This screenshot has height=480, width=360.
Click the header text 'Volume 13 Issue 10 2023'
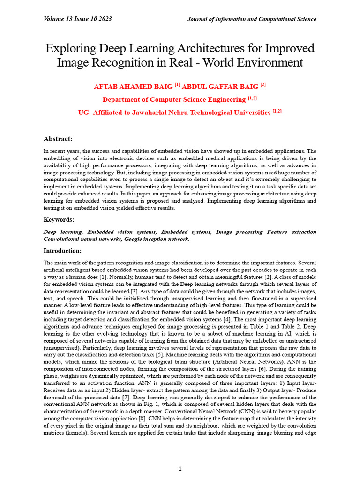[77, 19]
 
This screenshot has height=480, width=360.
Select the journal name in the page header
[252, 19]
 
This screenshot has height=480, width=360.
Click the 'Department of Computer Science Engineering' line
[174, 99]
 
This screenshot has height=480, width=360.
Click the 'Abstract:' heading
[58, 139]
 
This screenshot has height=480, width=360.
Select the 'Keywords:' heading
[59, 219]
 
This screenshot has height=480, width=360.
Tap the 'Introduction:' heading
[62, 251]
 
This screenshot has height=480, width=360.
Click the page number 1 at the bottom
[180, 468]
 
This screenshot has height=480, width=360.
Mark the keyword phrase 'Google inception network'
[157, 239]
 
